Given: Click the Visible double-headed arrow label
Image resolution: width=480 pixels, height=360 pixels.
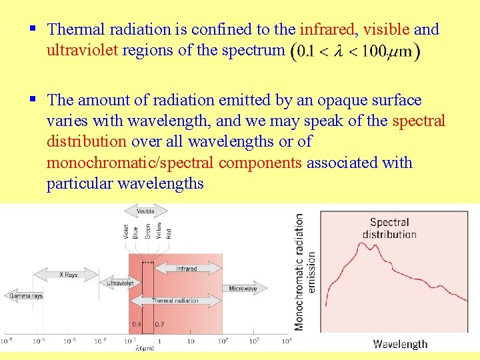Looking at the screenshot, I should click(145, 212).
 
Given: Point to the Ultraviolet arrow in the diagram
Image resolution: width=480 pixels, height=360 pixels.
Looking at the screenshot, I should click(121, 283).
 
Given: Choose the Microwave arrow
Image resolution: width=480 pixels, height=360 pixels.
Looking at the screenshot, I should click(243, 289).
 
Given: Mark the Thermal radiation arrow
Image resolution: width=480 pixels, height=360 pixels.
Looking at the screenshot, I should click(176, 301).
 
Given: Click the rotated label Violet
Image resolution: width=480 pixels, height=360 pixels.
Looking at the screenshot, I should click(125, 231).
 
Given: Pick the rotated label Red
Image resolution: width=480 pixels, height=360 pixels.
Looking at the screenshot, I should click(169, 233).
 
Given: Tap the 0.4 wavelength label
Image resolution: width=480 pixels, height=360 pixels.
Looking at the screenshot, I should click(136, 325).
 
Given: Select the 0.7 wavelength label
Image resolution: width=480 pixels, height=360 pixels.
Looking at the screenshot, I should click(159, 325).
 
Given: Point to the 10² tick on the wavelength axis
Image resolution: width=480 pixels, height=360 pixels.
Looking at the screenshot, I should click(223, 341).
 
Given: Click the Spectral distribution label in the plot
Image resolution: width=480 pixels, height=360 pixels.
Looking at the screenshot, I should click(389, 228).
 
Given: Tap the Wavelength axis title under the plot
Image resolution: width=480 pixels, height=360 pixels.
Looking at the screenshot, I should click(400, 344).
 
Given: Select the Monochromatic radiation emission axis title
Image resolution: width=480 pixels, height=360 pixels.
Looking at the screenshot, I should click(304, 271).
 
